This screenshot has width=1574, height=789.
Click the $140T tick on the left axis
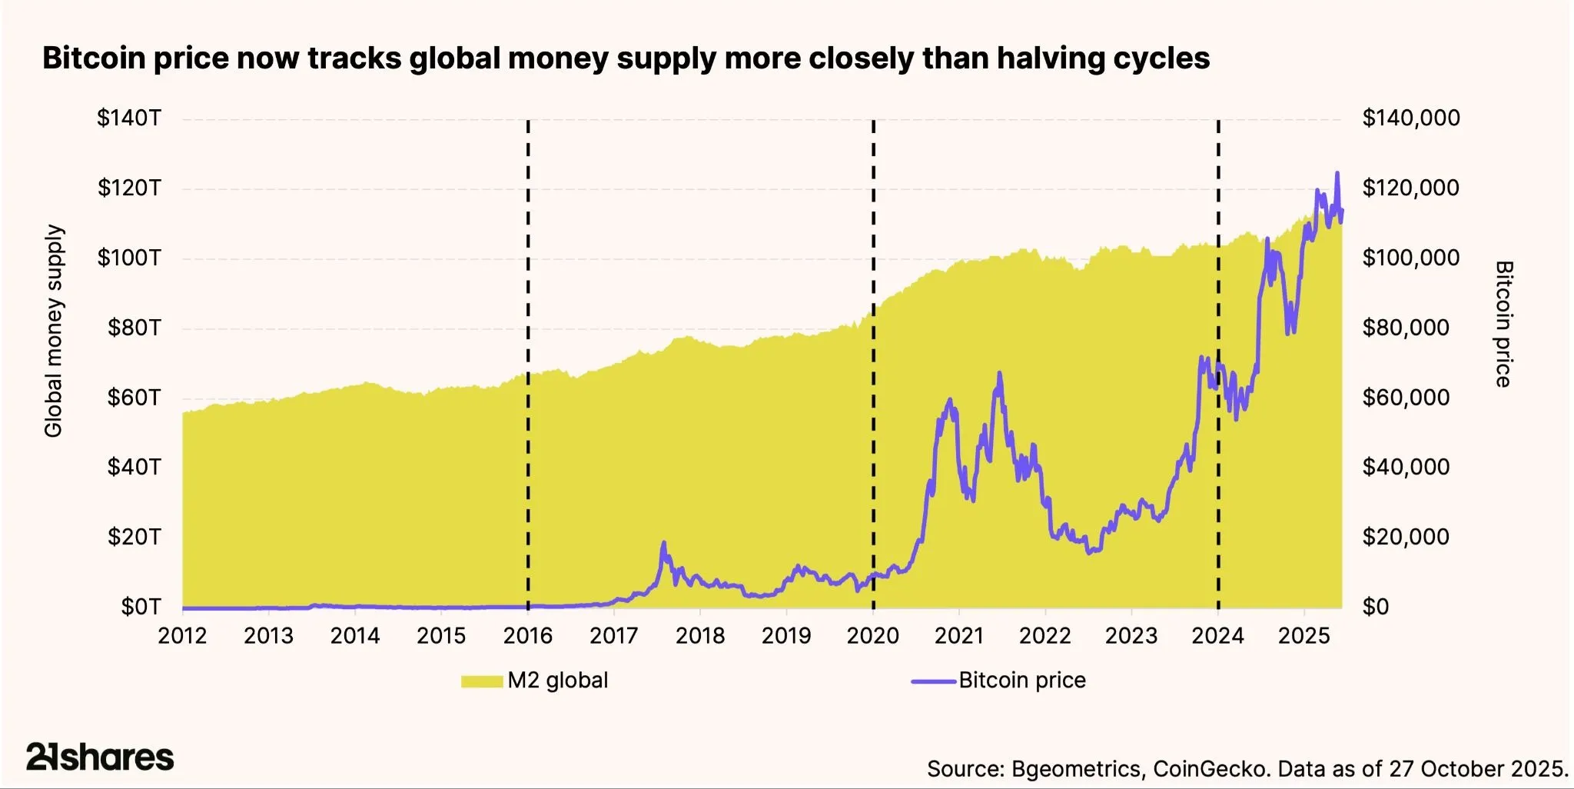pos(129,118)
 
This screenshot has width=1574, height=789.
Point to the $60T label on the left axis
pos(134,398)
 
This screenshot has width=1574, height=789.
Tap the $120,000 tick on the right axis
pos(1410,188)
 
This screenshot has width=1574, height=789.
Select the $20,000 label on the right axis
pos(1406,537)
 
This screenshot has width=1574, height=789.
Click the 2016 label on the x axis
pos(527,636)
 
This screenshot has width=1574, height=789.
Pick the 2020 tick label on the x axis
pos(872,636)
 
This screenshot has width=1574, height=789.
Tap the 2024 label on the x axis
pos(1217,636)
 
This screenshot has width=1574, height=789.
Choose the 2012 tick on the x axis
pos(182,636)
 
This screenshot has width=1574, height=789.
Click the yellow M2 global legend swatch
pos(482,681)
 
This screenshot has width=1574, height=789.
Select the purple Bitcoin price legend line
pos(934,681)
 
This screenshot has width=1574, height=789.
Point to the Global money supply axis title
pos(53,331)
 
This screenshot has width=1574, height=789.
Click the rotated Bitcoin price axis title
pos(1504,324)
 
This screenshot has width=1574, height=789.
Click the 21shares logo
pos(100,757)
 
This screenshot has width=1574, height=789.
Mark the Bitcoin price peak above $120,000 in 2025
pos(1337,173)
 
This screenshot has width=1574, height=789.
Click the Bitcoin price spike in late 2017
pos(663,543)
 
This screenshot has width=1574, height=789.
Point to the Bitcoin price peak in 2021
pos(999,373)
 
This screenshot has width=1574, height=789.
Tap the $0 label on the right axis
pos(1376,607)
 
